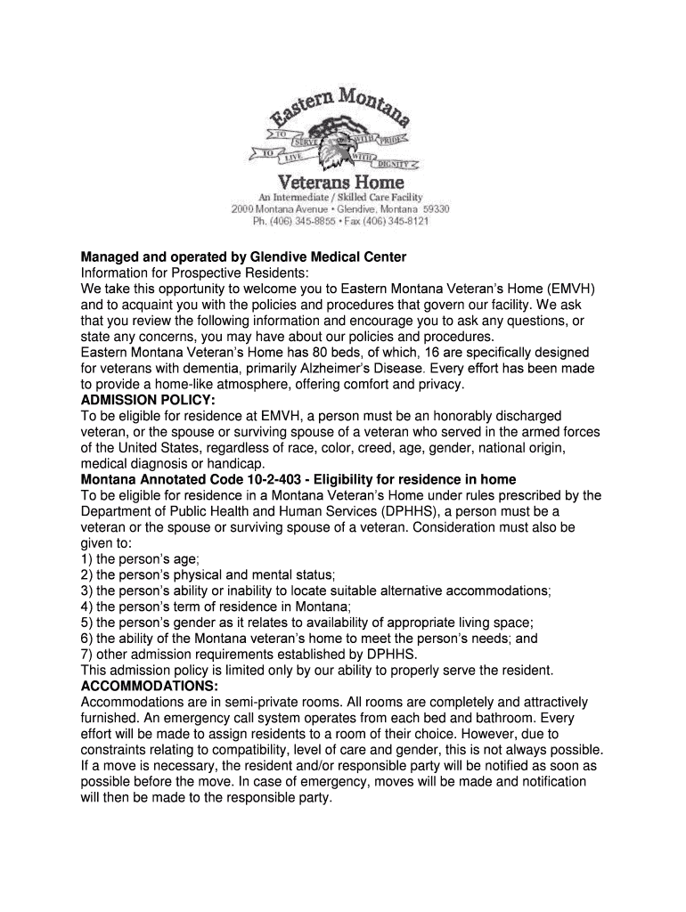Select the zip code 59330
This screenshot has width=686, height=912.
coord(437,208)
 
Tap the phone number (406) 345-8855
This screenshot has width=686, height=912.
coord(304,221)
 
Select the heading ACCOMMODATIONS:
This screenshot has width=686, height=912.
coord(150,687)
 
